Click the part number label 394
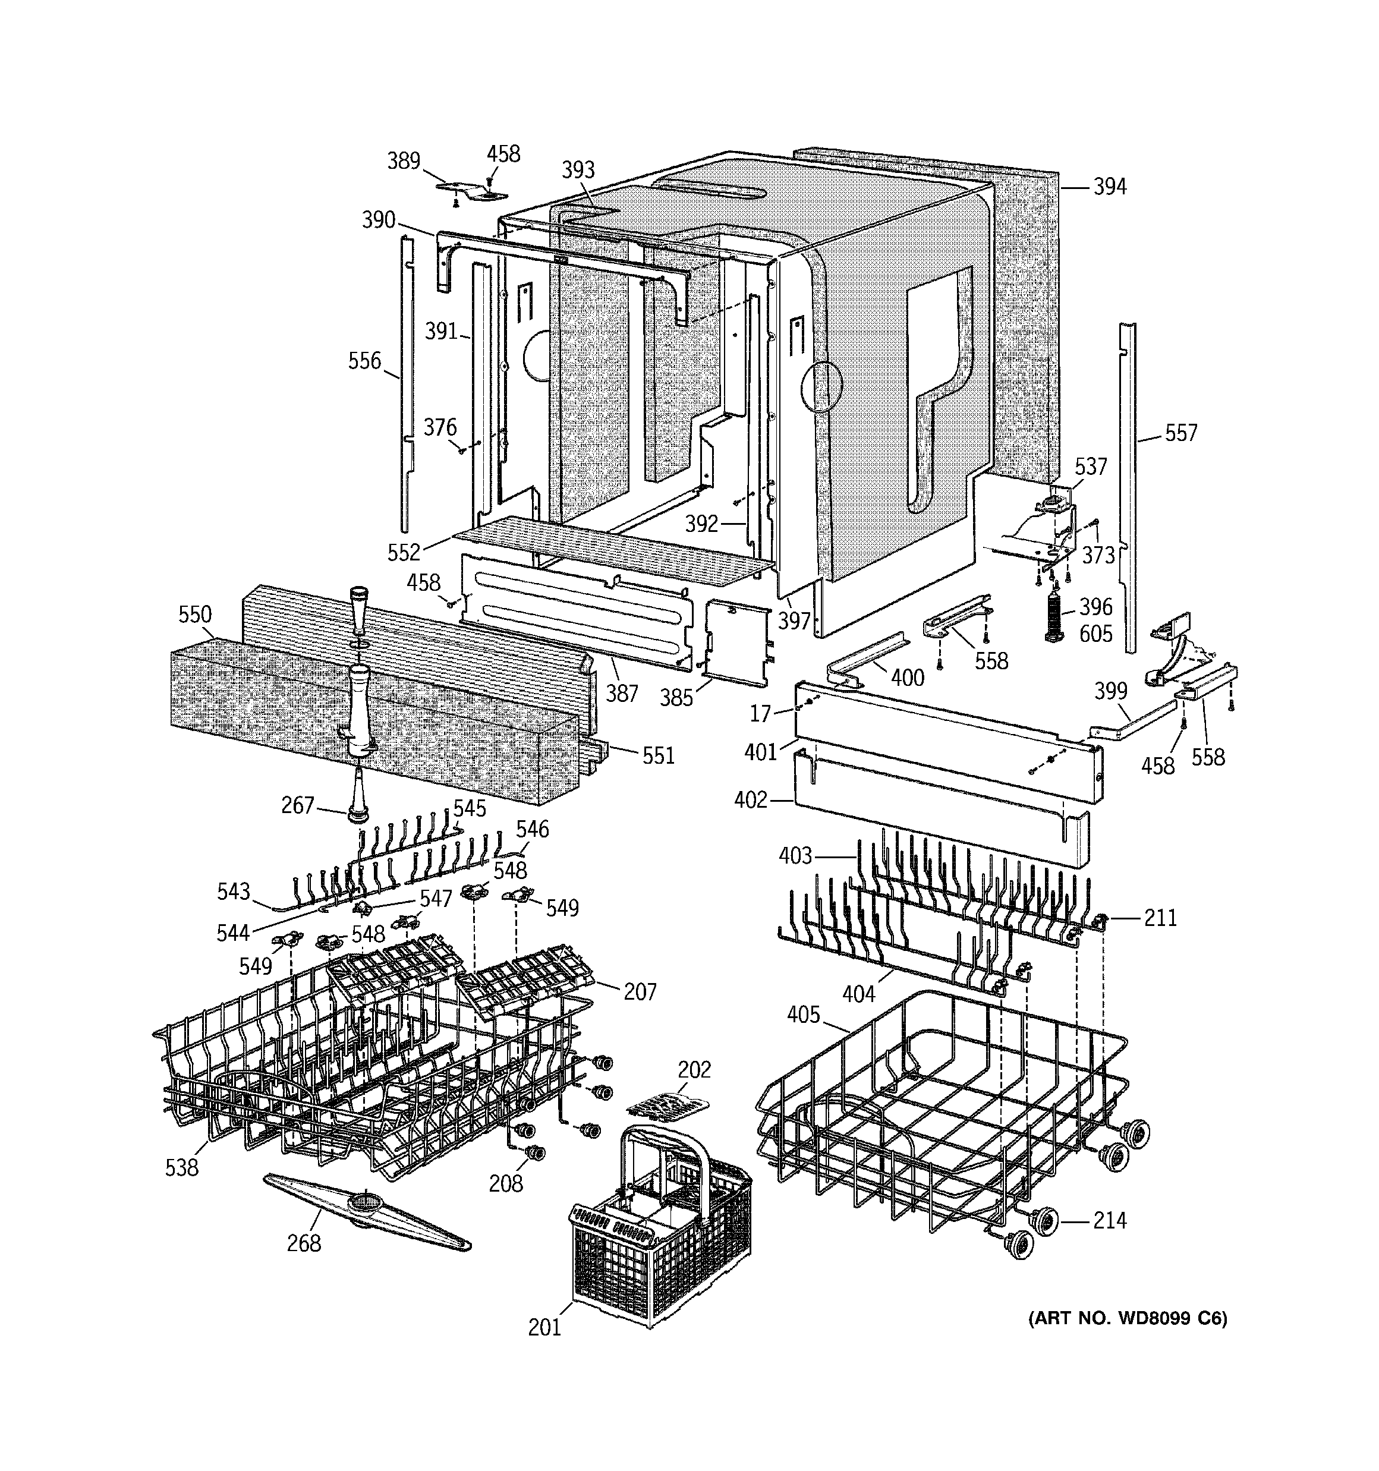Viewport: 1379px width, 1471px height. coord(1110,187)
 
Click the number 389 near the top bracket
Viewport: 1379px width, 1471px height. coord(404,160)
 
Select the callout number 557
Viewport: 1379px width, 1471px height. coord(1180,433)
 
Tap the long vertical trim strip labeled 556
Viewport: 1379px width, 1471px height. coord(405,385)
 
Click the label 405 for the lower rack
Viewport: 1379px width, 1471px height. coord(803,1015)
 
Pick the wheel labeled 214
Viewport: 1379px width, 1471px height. coord(1044,1220)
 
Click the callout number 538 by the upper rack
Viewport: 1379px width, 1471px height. coord(181,1168)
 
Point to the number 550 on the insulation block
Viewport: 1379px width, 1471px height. coord(195,614)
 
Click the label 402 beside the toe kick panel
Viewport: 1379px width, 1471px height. coord(751,800)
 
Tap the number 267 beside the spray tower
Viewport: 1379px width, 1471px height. coord(298,805)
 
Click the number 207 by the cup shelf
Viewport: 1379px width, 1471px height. coord(640,991)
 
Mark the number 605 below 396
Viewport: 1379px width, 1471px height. coord(1095,634)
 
